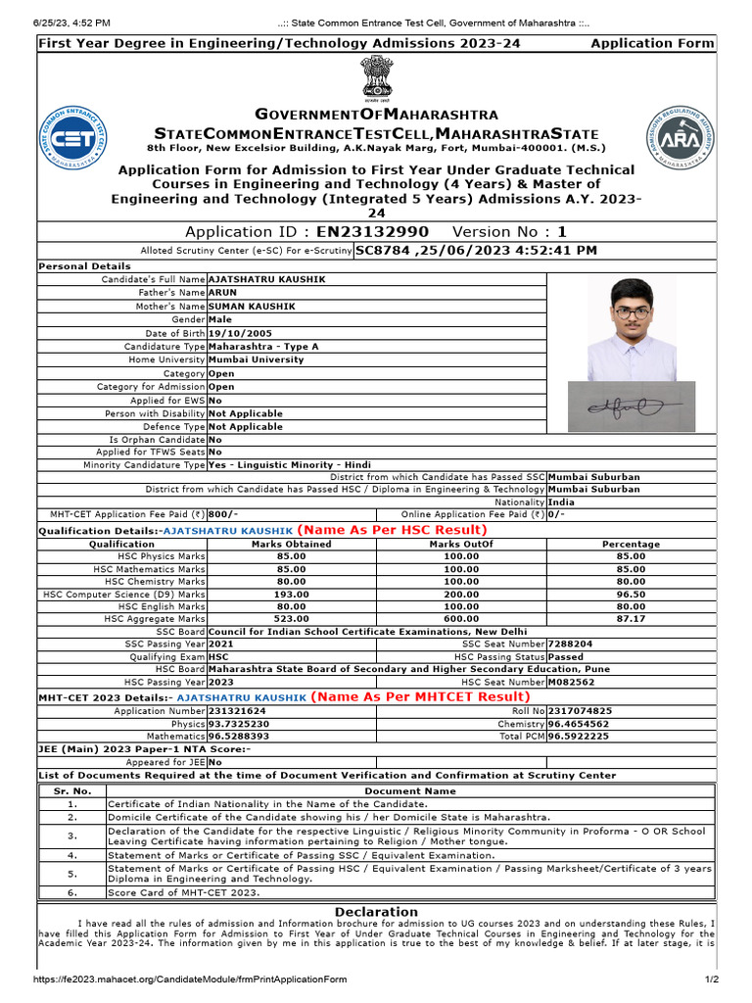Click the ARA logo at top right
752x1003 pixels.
[x=681, y=136]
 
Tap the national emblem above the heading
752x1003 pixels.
[x=376, y=78]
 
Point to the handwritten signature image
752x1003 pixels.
[x=632, y=406]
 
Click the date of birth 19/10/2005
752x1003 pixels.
[x=236, y=333]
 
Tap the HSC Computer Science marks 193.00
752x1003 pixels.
[x=291, y=594]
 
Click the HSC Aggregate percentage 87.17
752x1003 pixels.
[x=631, y=619]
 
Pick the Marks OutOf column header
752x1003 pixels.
[x=461, y=544]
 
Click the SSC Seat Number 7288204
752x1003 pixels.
[x=571, y=644]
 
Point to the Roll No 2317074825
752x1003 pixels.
[x=580, y=710]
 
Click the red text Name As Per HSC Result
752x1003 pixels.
[x=392, y=530]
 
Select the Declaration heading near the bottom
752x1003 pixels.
[x=376, y=911]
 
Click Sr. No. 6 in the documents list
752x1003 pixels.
[x=72, y=893]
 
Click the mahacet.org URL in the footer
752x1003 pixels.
[x=190, y=979]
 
